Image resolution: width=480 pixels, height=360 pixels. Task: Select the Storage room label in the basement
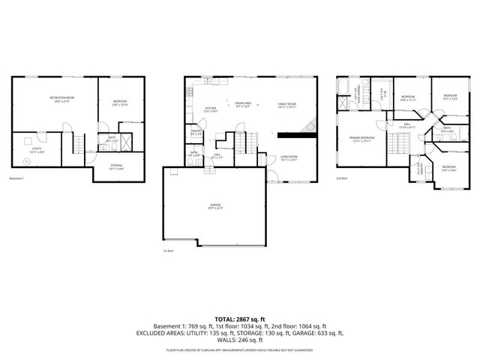coord(117,169)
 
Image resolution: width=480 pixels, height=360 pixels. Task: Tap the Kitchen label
coord(211,109)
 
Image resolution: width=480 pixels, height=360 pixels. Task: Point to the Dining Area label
coord(242,104)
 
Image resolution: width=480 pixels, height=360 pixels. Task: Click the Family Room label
coord(287,104)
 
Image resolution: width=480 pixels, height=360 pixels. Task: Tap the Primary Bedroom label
coord(361,139)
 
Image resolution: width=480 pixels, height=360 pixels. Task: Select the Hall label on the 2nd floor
coord(407,125)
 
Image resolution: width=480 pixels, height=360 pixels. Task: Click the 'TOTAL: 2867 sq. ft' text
coord(240,319)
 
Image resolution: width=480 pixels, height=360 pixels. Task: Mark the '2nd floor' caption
coord(341,178)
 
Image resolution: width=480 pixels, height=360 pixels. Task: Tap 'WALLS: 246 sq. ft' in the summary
coord(240,340)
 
